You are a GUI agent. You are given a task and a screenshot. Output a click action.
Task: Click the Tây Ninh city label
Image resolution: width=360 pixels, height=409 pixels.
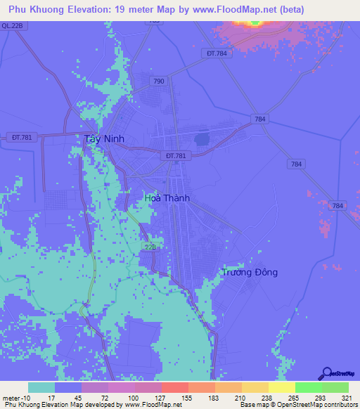[x=104, y=139]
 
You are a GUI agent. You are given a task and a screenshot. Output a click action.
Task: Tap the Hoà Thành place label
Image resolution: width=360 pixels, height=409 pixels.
[x=167, y=199]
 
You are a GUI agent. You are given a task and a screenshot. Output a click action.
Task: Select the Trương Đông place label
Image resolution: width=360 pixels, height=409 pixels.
[x=250, y=272]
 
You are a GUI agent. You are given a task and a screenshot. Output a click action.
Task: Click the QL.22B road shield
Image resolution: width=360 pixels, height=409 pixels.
[x=13, y=25]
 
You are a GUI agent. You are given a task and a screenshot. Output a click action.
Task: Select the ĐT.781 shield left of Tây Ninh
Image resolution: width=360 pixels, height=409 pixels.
[x=22, y=136]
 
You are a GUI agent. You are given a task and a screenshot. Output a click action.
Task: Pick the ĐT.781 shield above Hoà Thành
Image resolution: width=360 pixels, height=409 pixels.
[x=176, y=155]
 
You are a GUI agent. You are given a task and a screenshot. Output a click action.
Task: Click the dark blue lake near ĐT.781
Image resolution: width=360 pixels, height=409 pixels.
[x=202, y=139]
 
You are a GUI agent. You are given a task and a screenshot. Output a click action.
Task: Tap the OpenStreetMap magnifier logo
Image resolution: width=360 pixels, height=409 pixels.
[x=326, y=372]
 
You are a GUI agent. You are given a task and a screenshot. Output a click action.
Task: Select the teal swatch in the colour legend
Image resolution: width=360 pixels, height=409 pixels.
[x=41, y=388]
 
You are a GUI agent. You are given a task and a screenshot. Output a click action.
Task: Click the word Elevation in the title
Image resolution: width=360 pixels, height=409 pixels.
[x=92, y=9]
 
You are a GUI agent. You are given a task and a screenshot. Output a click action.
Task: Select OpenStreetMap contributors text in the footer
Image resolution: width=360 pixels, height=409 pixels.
[x=316, y=405]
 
